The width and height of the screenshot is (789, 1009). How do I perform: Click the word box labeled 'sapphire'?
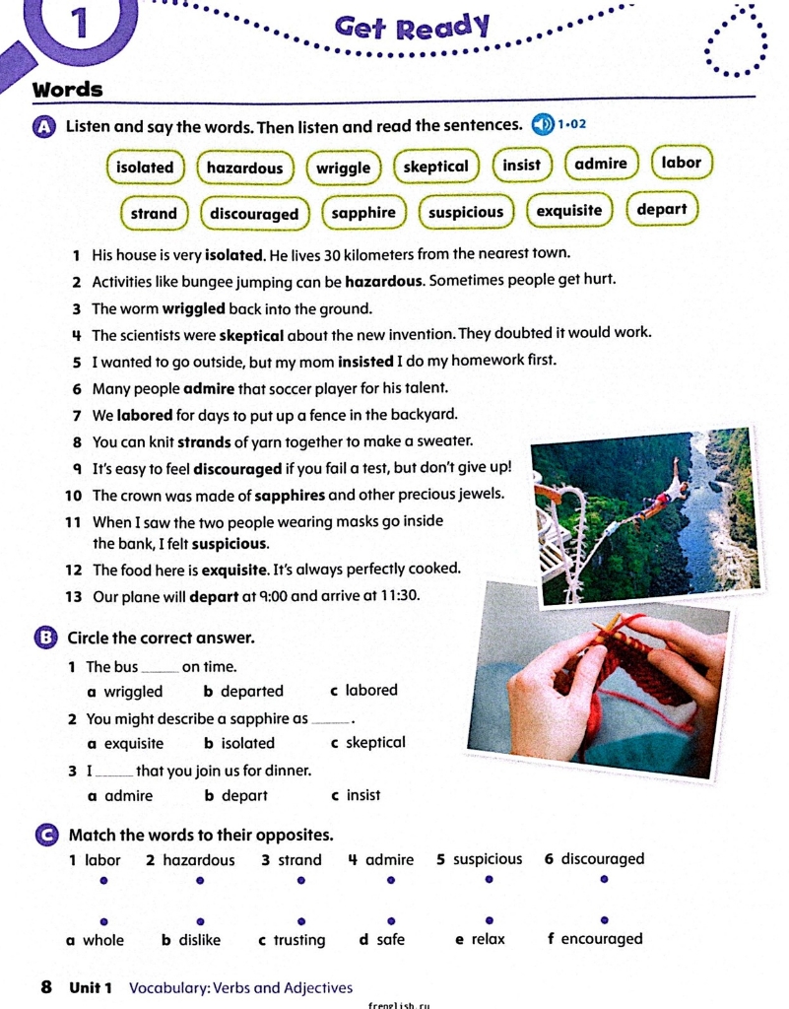tap(363, 213)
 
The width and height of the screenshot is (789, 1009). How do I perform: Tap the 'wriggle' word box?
tap(344, 168)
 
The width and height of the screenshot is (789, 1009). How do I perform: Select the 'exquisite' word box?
tap(569, 211)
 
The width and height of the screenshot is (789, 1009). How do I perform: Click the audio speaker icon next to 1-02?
tap(542, 125)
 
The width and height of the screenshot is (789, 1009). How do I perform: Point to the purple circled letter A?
tap(44, 127)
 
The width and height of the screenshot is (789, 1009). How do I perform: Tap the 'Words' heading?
tap(68, 90)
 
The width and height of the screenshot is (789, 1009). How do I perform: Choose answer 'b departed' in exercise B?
tap(243, 692)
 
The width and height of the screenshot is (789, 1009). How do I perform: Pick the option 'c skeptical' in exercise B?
tap(368, 743)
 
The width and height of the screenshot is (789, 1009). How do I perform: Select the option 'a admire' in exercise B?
tap(120, 795)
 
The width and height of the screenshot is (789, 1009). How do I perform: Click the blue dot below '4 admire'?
tap(390, 879)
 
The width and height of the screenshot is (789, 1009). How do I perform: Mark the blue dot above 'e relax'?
tap(489, 919)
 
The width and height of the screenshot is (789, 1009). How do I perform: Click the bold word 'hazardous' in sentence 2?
tap(383, 280)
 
